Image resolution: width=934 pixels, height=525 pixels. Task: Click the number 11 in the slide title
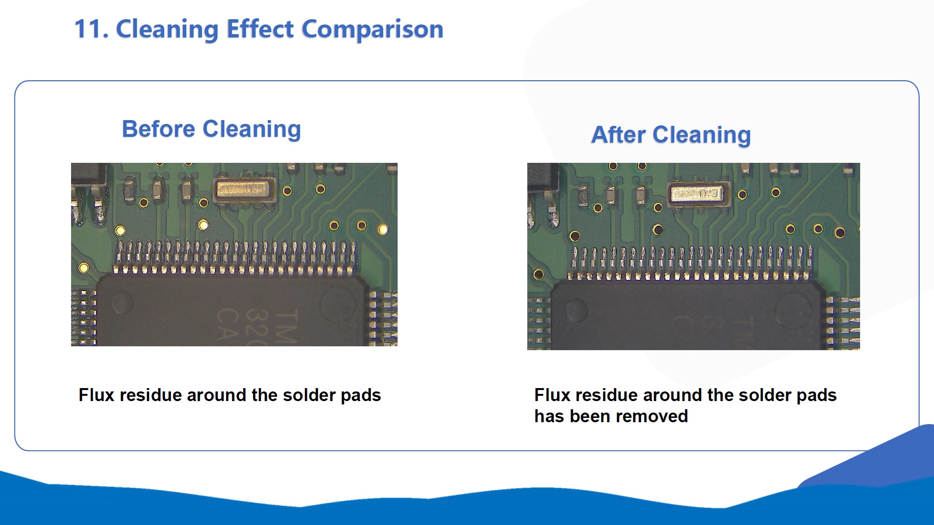tap(88, 29)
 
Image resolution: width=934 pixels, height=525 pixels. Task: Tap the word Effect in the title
tap(260, 29)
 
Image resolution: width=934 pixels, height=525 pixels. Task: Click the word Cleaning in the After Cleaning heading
tap(702, 136)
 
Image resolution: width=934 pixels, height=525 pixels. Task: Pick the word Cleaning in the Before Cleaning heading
tap(252, 130)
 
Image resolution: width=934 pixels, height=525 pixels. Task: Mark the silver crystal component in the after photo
tap(699, 194)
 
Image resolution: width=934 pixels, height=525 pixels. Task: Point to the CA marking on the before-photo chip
tap(227, 325)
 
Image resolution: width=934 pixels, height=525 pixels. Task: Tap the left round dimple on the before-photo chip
tap(122, 303)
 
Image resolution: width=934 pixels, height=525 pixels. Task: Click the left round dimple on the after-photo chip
tap(577, 310)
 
